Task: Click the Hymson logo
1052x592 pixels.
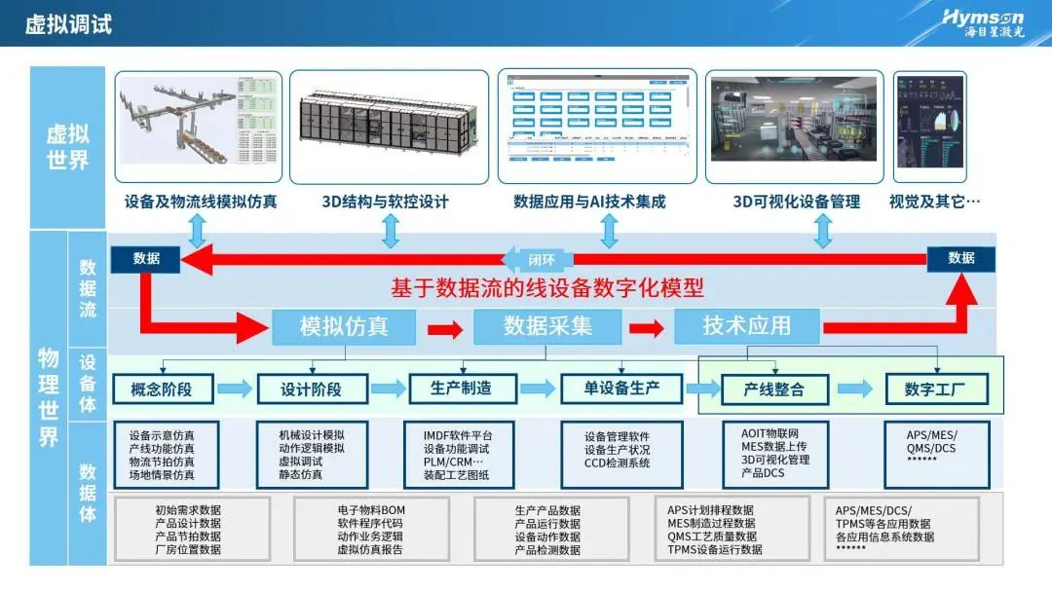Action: [x=983, y=21]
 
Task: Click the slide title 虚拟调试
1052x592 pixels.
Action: [x=68, y=23]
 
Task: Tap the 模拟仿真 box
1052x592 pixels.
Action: [x=344, y=326]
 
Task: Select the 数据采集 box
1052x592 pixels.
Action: [x=547, y=326]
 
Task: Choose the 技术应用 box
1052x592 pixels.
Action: [x=746, y=326]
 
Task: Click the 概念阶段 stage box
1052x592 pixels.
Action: [x=162, y=389]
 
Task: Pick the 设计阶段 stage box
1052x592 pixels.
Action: [x=312, y=389]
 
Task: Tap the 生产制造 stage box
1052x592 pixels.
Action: [x=462, y=388]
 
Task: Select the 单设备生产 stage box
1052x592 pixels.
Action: [x=622, y=388]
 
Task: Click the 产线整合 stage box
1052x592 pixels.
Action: [x=774, y=389]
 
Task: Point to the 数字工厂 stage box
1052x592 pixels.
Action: [x=936, y=389]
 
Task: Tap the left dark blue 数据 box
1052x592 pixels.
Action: [x=146, y=258]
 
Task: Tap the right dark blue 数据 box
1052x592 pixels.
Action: [x=960, y=258]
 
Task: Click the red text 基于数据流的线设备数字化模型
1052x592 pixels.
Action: [x=546, y=288]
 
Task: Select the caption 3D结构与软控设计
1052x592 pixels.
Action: [x=386, y=202]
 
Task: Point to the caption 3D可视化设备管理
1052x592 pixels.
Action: [x=796, y=202]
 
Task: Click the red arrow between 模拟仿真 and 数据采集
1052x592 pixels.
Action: [x=444, y=328]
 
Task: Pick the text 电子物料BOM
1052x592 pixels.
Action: [x=371, y=510]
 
